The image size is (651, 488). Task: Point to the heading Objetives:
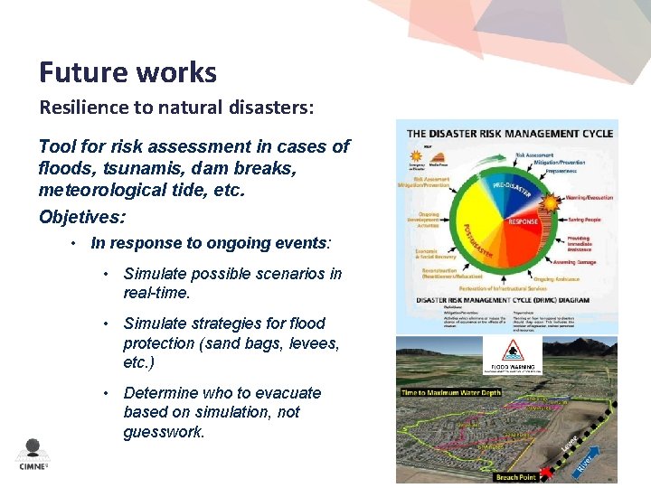(82, 217)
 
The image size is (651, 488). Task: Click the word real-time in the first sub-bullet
(156, 293)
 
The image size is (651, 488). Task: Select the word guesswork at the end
(164, 432)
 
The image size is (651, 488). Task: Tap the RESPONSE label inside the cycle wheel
(524, 221)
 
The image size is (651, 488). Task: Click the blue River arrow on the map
(586, 465)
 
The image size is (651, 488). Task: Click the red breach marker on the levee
(542, 473)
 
